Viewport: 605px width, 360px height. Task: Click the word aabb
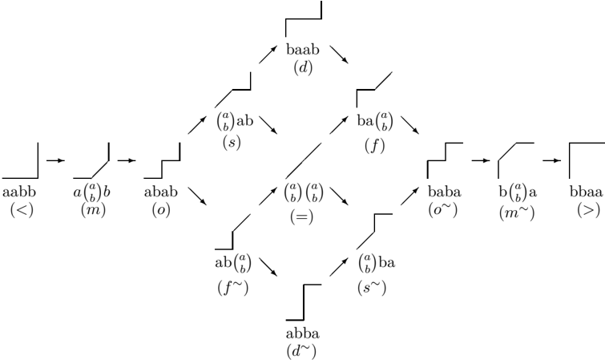(19, 192)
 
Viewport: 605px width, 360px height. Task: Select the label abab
(161, 192)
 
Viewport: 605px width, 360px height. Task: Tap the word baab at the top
(303, 50)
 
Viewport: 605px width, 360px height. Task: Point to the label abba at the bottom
(303, 334)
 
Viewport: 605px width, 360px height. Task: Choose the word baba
(445, 192)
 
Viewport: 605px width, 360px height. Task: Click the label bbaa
(586, 192)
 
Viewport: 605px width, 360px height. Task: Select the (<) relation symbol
(22, 210)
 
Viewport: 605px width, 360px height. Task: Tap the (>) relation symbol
(589, 210)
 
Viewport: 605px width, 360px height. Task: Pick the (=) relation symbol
(302, 216)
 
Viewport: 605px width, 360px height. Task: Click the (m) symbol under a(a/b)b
(94, 210)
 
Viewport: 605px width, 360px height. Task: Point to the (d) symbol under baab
(303, 67)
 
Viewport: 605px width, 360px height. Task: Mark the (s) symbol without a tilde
(232, 143)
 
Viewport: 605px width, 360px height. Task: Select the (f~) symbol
(232, 287)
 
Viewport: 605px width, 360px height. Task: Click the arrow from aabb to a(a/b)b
(55, 160)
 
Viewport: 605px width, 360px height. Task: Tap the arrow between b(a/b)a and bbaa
(552, 160)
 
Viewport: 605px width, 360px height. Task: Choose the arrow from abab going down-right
(197, 196)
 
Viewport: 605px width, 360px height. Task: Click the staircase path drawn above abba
(304, 302)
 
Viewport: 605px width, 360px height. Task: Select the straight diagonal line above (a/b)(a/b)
(304, 160)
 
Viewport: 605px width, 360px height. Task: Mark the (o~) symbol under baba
(442, 210)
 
